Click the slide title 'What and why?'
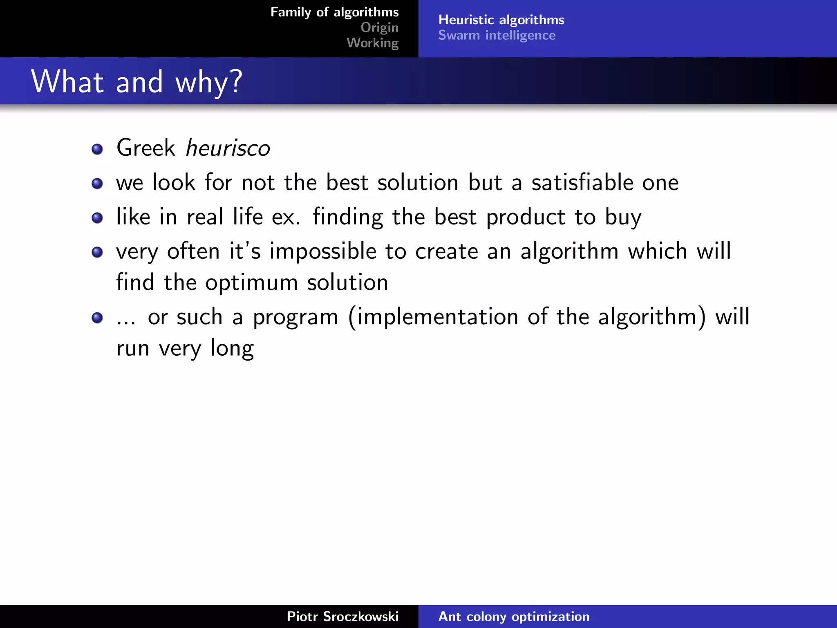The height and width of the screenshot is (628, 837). point(137,82)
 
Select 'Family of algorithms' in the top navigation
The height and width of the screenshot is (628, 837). point(334,12)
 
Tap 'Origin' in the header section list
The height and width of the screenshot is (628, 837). point(379,27)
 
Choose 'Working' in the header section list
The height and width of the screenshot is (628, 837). point(372,43)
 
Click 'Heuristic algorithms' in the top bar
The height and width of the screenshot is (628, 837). point(501,20)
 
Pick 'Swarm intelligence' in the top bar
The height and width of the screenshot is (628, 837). point(497,35)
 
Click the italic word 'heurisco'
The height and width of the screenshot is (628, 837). point(228,148)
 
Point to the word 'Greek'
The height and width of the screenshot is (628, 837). point(145,148)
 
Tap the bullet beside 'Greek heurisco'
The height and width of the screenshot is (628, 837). point(97,149)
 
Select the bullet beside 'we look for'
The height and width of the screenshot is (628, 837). point(97,184)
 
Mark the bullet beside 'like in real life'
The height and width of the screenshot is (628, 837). point(97,218)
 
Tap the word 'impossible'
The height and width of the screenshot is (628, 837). point(322,251)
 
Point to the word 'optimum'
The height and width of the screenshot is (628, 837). point(251,283)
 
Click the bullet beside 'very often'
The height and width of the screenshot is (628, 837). point(97,252)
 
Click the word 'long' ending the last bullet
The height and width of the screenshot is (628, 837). point(232,349)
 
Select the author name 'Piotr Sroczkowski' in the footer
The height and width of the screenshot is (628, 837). point(342,616)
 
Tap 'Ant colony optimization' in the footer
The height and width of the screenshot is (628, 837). point(514,616)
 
